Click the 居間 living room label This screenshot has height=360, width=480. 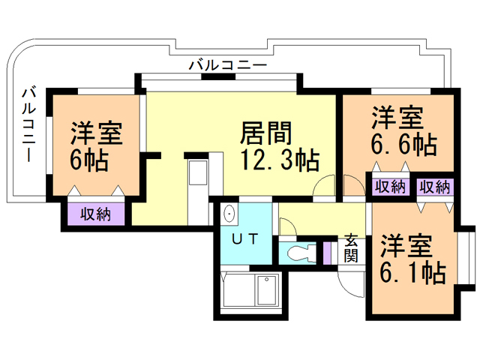(265, 133)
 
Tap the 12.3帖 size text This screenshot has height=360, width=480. (280, 160)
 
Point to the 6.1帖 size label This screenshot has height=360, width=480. (412, 272)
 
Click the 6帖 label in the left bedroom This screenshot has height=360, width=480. (89, 160)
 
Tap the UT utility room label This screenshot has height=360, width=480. (245, 239)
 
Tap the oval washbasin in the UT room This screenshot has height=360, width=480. (229, 213)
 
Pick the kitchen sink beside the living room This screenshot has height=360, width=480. (198, 172)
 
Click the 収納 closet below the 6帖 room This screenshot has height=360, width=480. (96, 214)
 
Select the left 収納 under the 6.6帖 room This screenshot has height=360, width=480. (391, 187)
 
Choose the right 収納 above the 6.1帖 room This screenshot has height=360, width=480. (435, 187)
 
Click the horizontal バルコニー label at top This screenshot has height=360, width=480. (228, 65)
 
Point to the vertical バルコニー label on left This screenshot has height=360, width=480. (28, 124)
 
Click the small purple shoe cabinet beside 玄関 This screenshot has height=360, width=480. (327, 253)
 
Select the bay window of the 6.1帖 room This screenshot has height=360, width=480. (466, 258)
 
